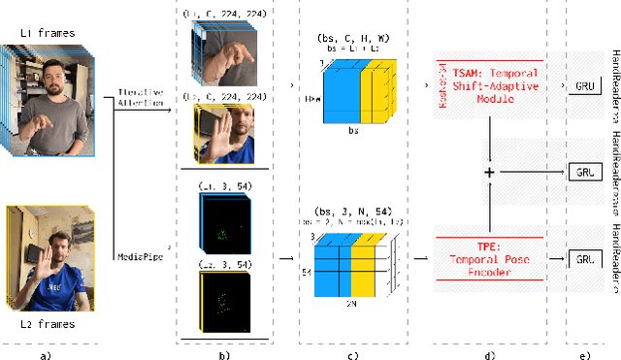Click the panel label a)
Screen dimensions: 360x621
[x=46, y=351]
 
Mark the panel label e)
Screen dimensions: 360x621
[x=582, y=351]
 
